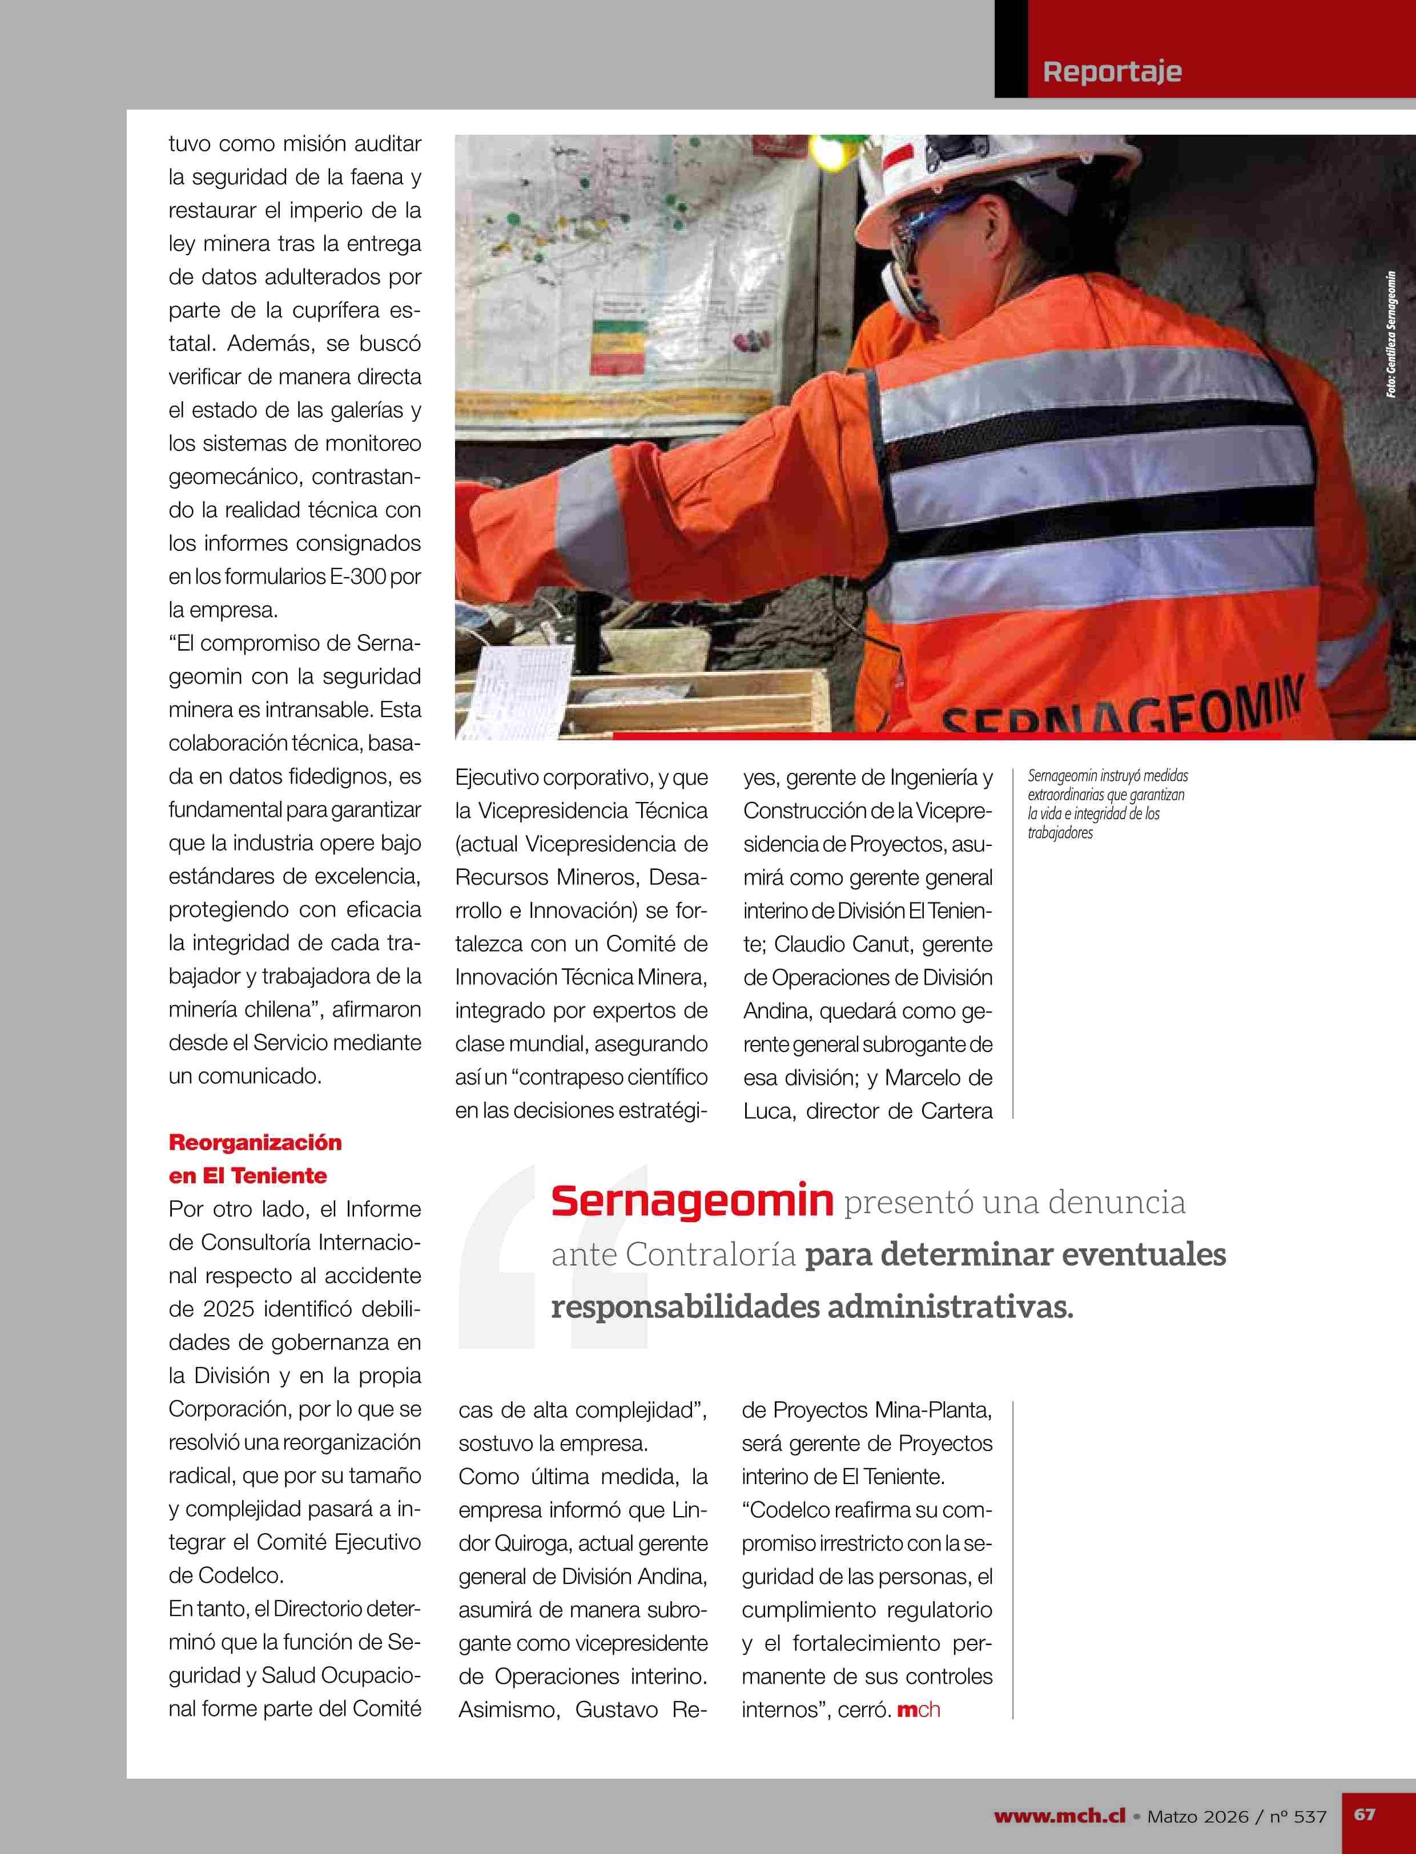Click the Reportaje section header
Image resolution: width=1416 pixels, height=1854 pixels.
[x=1112, y=71]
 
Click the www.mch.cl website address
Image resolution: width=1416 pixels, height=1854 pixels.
[x=1060, y=1816]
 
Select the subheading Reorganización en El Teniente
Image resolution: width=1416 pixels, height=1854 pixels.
[x=255, y=1159]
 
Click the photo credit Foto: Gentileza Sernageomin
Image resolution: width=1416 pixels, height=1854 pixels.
[x=1391, y=334]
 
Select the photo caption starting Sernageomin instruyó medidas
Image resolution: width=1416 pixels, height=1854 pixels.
[x=1107, y=804]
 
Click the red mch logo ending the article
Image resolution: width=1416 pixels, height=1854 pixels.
[x=918, y=1710]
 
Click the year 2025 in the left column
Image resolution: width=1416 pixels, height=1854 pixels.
[x=230, y=1309]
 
